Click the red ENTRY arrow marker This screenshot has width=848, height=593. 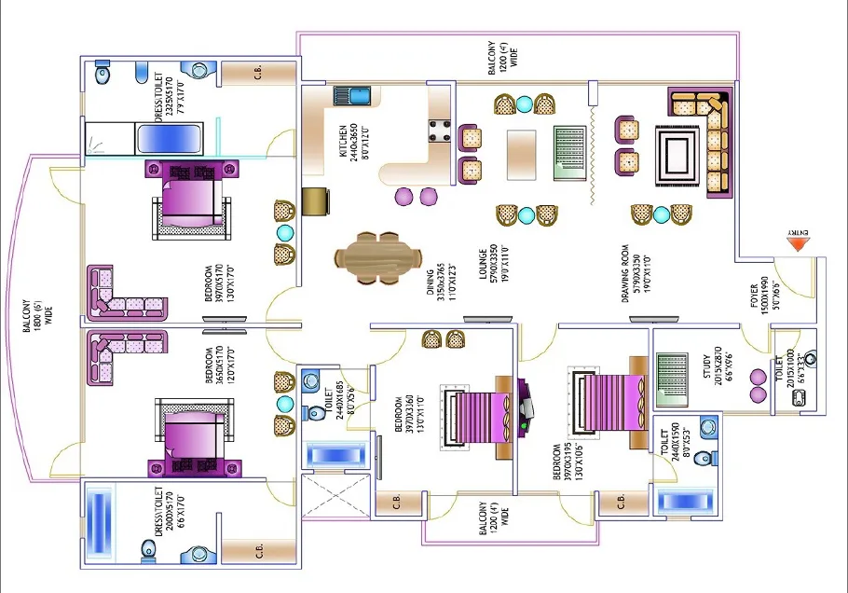tap(797, 244)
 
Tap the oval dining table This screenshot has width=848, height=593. tap(377, 256)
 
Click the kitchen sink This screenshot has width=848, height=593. tap(352, 95)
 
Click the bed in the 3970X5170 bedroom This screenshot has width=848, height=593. tap(191, 200)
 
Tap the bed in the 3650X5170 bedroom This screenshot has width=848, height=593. tap(191, 439)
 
